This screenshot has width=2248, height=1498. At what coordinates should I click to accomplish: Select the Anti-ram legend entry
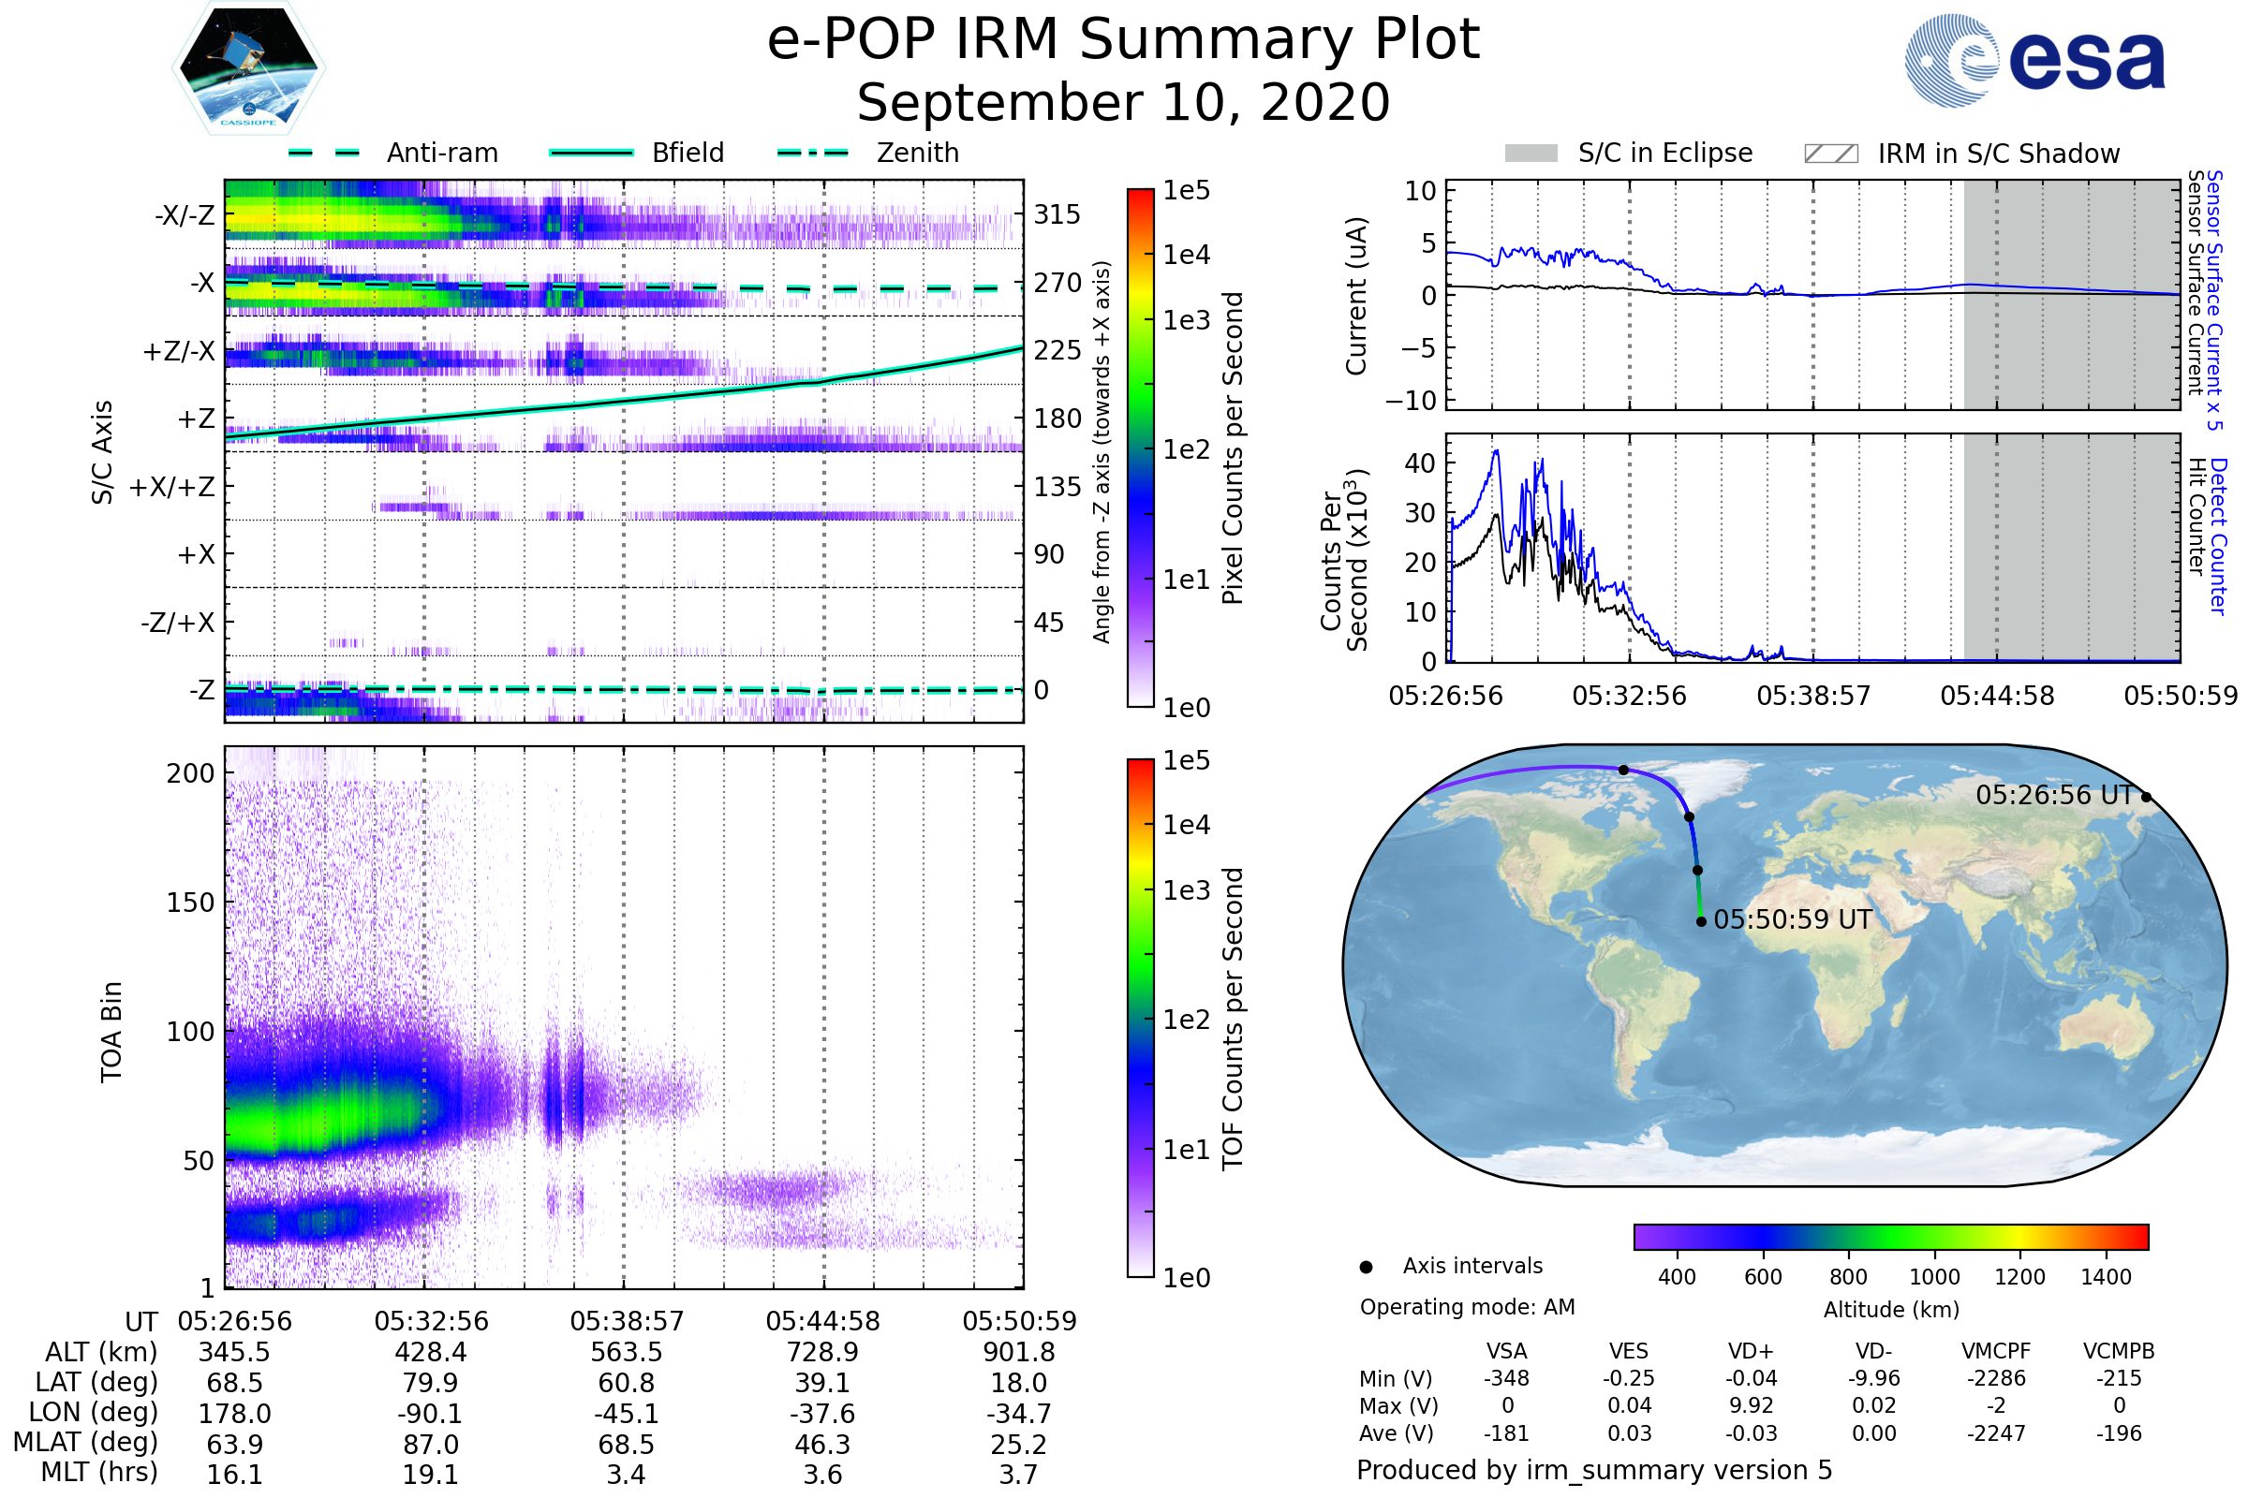click(441, 153)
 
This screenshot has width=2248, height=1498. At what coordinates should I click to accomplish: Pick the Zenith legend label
click(917, 153)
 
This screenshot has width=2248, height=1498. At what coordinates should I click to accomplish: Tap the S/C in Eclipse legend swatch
click(1531, 154)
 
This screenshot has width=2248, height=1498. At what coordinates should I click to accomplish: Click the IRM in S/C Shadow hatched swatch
click(1830, 154)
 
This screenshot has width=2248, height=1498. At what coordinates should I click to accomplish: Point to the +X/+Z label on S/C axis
click(172, 487)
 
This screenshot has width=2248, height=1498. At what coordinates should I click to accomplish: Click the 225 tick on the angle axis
click(1057, 350)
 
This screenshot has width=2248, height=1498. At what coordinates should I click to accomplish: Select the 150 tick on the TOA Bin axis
click(190, 903)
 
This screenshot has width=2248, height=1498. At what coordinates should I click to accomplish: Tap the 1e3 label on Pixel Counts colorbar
click(1186, 320)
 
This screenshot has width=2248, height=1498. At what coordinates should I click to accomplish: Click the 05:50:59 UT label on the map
click(1792, 920)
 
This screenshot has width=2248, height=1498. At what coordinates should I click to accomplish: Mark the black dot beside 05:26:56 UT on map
click(2146, 797)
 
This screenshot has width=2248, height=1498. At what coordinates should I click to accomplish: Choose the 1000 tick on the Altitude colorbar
click(1933, 1277)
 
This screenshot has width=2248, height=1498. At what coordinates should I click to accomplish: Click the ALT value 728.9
click(822, 1353)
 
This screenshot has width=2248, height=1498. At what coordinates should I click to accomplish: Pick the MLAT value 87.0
click(430, 1445)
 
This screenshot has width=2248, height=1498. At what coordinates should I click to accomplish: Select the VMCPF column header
click(1995, 1352)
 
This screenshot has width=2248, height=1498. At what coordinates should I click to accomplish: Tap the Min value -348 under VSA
click(1506, 1378)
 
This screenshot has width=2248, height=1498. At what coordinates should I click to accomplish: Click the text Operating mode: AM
click(1467, 1307)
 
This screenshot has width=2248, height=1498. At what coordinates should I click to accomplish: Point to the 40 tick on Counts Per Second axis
click(1420, 463)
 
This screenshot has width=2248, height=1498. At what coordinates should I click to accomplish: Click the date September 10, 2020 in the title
click(1123, 103)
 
